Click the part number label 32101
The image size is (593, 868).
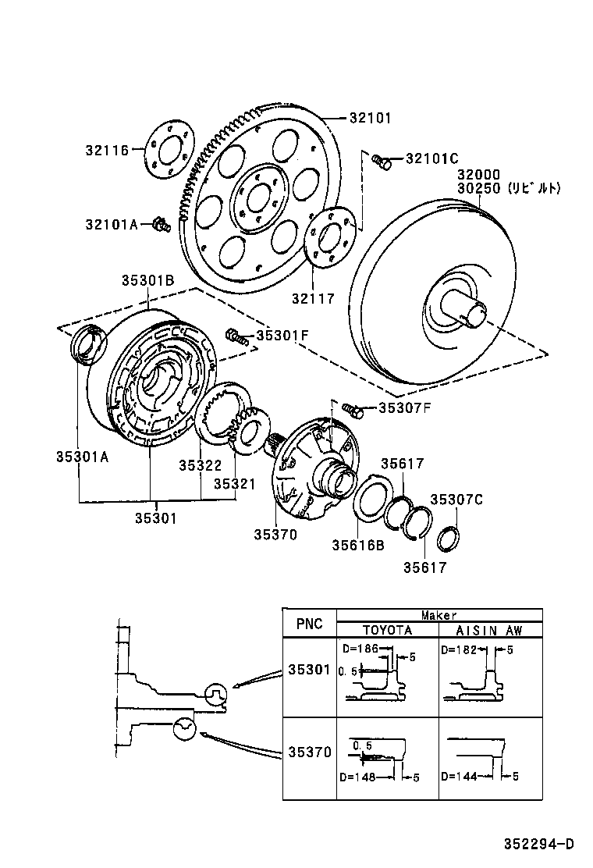pos(370,119)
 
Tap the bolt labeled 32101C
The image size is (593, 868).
pos(382,161)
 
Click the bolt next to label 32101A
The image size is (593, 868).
pos(162,225)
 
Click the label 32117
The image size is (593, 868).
pos(313,298)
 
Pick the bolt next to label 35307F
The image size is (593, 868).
pos(352,408)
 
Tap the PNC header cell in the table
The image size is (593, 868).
pos(309,624)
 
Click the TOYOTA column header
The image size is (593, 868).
pos(387,630)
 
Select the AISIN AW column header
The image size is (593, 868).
pos(489,630)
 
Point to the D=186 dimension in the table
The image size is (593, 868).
pos(360,649)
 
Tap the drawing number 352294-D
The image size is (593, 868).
pos(538,844)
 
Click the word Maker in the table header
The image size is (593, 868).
pos(439,615)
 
